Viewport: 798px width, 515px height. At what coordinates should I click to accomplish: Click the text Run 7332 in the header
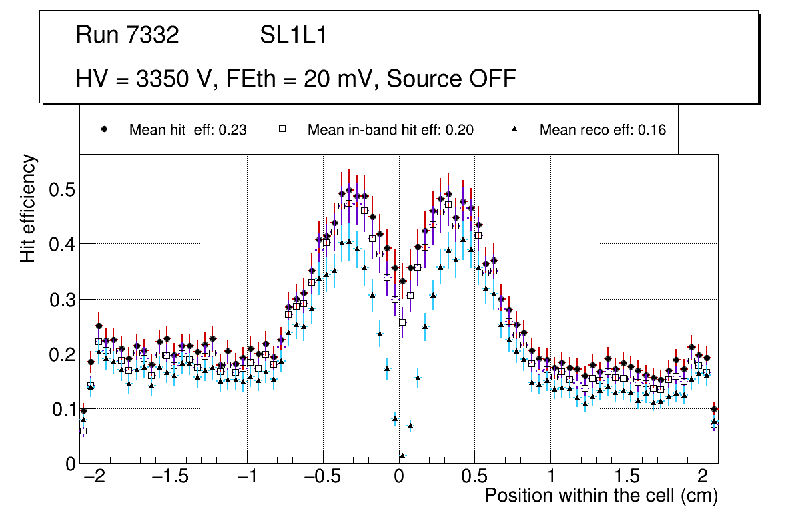127,35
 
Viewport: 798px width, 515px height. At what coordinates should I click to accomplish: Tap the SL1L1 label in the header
293,35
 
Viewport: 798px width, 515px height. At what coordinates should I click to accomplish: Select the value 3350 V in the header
175,79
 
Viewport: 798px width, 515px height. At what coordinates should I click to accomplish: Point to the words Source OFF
452,79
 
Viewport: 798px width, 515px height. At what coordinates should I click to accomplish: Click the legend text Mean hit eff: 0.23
187,130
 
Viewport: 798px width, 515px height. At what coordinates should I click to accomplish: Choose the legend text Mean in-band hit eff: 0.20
390,130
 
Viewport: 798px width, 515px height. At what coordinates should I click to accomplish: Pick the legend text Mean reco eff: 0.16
603,130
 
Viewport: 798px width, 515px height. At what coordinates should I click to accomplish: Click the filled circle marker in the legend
104,129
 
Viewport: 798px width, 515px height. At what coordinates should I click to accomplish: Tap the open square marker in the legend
282,129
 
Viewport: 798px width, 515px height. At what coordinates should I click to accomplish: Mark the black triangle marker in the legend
514,129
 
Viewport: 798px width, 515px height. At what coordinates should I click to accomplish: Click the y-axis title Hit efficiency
28,208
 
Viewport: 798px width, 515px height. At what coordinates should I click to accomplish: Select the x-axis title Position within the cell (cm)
601,496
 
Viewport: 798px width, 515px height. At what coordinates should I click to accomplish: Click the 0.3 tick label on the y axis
63,300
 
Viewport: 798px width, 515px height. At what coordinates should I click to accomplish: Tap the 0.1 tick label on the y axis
63,409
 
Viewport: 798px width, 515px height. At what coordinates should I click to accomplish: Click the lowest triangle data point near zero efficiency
402,456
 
